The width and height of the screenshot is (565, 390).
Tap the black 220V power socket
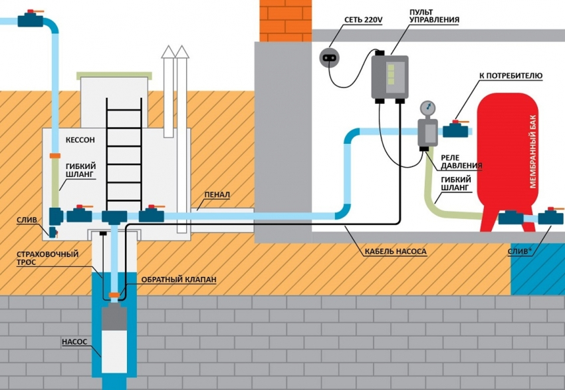tap(329, 58)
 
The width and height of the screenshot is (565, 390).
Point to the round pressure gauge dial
tap(425, 108)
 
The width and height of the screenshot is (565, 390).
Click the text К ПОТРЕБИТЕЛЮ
tap(510, 77)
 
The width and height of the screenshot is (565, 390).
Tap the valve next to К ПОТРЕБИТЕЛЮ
tap(457, 128)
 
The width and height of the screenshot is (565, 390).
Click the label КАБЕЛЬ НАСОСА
tap(395, 252)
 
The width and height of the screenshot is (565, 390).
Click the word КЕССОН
tap(80, 141)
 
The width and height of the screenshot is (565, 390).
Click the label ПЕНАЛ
tap(217, 195)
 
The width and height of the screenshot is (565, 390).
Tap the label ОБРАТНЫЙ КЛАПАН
tap(177, 280)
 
